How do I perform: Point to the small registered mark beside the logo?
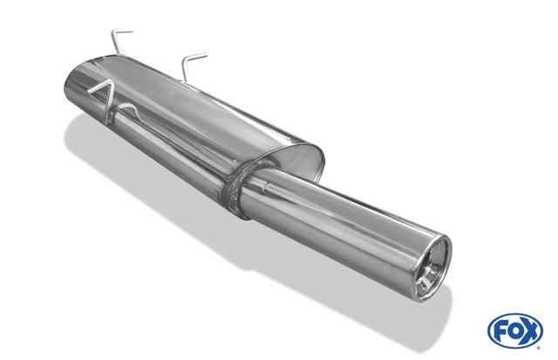(539, 348)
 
